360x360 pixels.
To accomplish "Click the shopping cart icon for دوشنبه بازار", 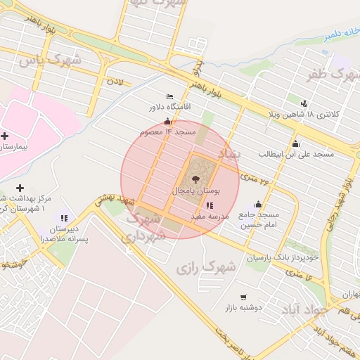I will (243, 297).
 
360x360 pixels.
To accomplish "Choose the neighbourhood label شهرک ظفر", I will (328, 72).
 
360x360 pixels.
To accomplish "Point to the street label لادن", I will (115, 82).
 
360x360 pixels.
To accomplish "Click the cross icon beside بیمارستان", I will (5, 136).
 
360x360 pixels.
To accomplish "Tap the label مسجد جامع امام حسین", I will (259, 219).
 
